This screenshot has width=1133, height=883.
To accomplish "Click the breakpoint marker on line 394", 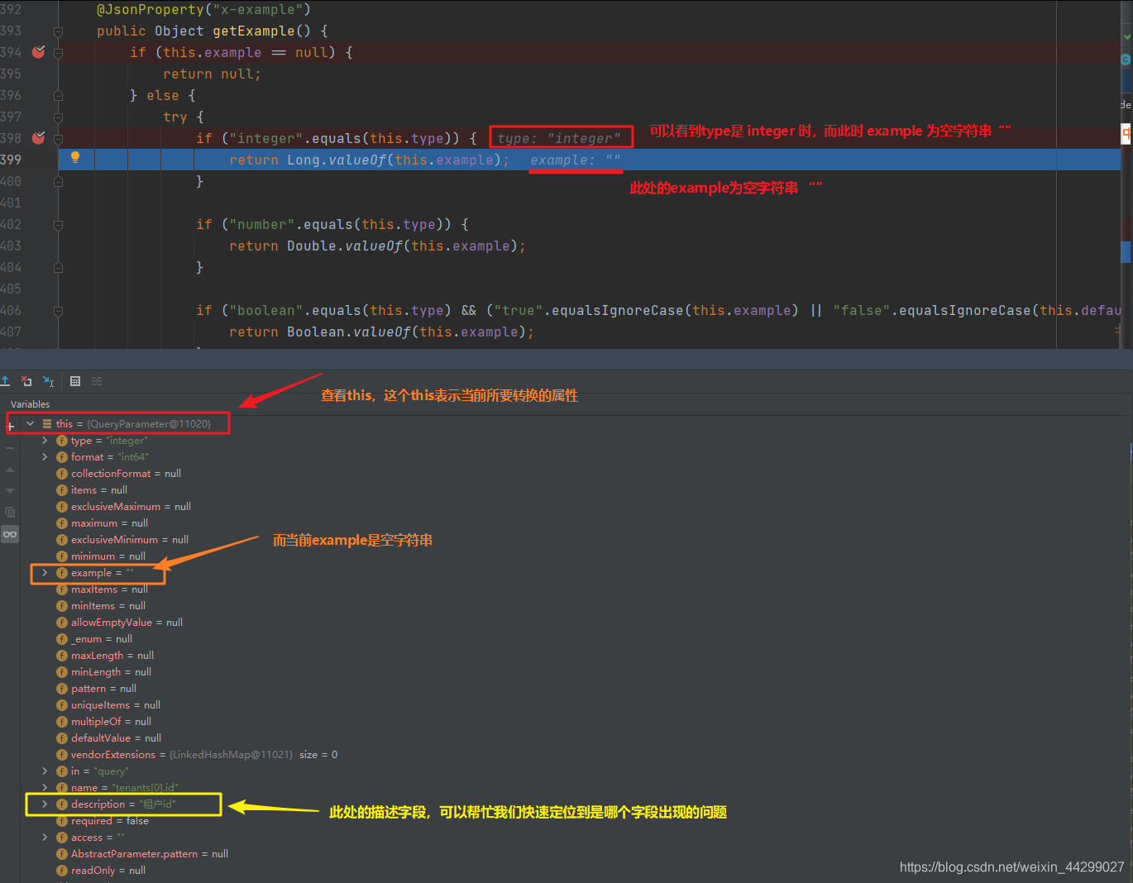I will pyautogui.click(x=38, y=52).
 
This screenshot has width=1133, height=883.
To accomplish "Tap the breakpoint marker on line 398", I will pyautogui.click(x=38, y=138).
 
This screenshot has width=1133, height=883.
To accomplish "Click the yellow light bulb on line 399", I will pyautogui.click(x=75, y=157).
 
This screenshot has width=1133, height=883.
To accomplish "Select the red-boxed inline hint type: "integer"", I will pyautogui.click(x=560, y=138).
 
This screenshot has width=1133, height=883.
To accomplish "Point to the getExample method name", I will pyautogui.click(x=253, y=31).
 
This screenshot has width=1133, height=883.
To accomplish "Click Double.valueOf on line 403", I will pyautogui.click(x=345, y=246).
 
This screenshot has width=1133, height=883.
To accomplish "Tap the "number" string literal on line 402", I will pyautogui.click(x=262, y=225).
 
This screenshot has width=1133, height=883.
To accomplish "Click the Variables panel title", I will pyautogui.click(x=31, y=404).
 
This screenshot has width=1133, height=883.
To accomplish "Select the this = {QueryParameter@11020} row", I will pyautogui.click(x=132, y=424).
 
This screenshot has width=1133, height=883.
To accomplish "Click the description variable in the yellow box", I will pyautogui.click(x=122, y=804).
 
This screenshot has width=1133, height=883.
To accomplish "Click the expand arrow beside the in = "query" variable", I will pyautogui.click(x=45, y=771).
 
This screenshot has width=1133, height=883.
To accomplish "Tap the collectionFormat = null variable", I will pyautogui.click(x=125, y=474).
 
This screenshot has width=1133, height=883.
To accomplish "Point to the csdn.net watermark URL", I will pyautogui.click(x=1011, y=867).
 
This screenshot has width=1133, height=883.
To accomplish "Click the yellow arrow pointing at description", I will pyautogui.click(x=273, y=808).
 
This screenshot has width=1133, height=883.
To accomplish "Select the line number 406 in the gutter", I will pyautogui.click(x=11, y=311).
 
